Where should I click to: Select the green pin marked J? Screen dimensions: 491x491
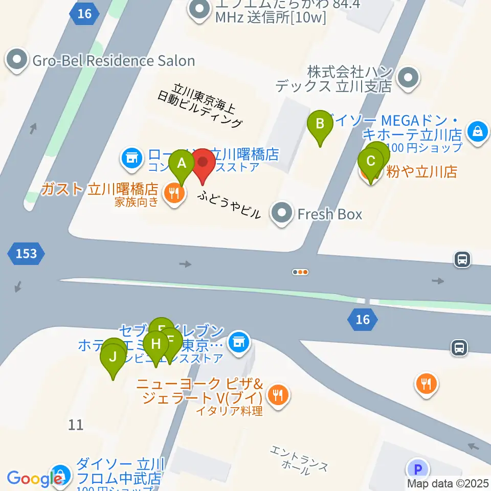(113, 357)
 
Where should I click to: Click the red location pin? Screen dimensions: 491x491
(203, 163)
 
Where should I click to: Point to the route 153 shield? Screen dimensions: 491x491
(26, 254)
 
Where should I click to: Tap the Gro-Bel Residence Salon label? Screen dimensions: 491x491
(114, 61)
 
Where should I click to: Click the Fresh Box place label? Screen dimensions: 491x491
(329, 214)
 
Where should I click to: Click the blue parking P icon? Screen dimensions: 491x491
(418, 468)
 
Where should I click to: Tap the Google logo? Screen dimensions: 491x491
(35, 479)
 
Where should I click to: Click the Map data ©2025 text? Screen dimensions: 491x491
(448, 483)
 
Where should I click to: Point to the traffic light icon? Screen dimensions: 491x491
(300, 272)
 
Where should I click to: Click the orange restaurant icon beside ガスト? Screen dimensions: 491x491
(174, 194)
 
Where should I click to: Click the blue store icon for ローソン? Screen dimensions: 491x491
(132, 157)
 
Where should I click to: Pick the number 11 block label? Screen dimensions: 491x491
(76, 424)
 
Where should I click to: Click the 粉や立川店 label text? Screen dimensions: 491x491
(421, 171)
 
